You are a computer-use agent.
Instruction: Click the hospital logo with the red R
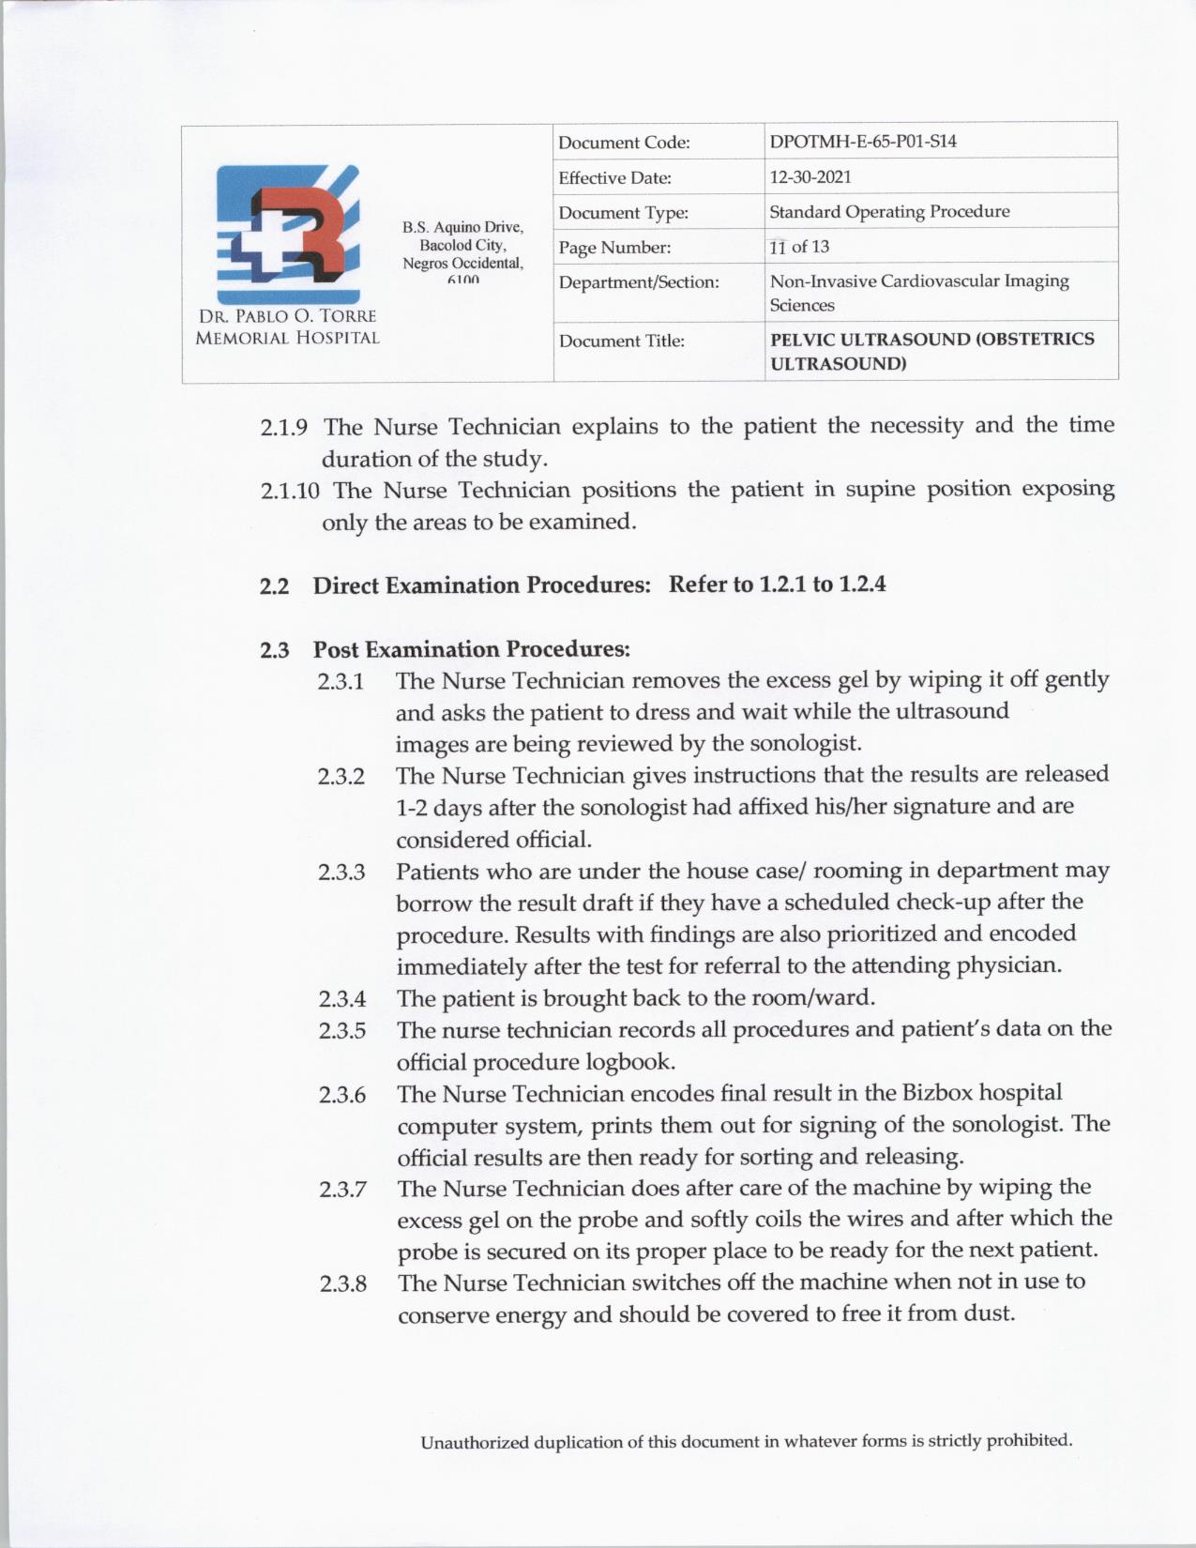(288, 234)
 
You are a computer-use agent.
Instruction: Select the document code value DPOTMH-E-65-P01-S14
(863, 142)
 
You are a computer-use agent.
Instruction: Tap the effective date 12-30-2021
(810, 176)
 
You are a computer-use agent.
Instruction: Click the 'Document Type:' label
(623, 213)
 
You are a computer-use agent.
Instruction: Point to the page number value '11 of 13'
(799, 247)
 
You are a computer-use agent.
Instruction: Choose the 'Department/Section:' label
(639, 282)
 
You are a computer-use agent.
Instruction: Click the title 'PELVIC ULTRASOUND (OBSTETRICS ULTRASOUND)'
(931, 351)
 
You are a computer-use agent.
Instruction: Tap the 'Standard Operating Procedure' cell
(889, 211)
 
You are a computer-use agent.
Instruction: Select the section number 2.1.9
(283, 428)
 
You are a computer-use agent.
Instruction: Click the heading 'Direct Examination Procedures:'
(481, 585)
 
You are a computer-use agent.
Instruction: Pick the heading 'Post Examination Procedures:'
(471, 649)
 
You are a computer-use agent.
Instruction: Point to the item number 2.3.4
(341, 999)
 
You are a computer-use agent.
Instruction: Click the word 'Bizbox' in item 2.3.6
(937, 1093)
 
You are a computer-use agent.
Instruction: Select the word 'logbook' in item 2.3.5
(628, 1062)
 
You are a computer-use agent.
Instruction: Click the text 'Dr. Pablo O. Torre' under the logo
(287, 316)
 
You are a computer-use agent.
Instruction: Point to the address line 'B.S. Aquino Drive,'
(462, 227)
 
